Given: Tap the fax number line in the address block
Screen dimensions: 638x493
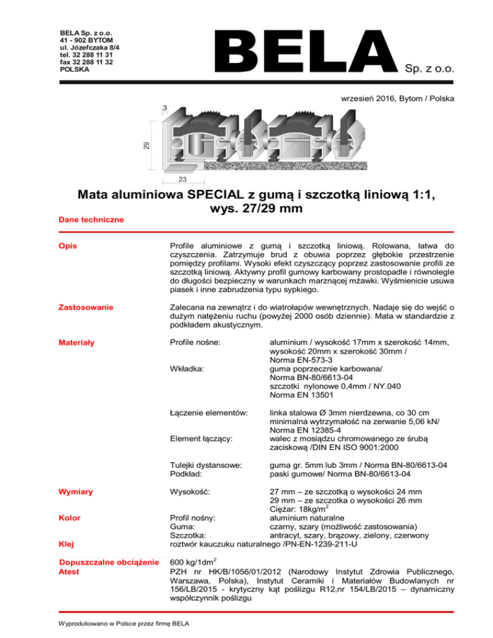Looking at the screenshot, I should point(87,62).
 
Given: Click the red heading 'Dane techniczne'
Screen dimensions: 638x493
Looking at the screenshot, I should point(91,220).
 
